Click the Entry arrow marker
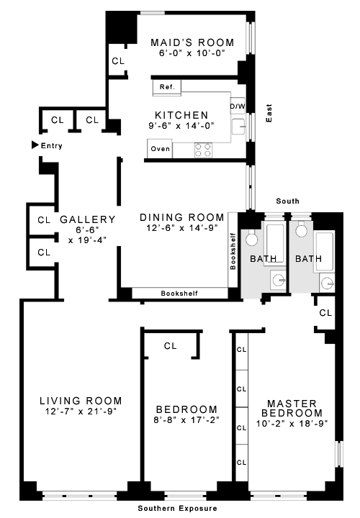pos(35,145)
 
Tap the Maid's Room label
pos(192,42)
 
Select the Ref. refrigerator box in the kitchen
pos(167,88)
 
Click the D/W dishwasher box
pos(238,106)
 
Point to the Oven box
pos(160,149)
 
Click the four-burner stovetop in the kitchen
pos(203,150)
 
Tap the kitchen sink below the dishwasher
pos(238,127)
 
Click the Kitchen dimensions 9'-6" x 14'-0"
pos(181,125)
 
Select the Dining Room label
pos(182,217)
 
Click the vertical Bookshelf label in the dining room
pos(233,251)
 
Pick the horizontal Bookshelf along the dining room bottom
pos(180,293)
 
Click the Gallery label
pos(88,219)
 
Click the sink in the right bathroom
pos(328,283)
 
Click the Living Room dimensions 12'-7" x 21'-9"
pos(81,412)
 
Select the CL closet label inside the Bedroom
pos(170,346)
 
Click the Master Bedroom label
pos(292,409)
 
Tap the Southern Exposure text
pos(178,508)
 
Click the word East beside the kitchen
pos(269,114)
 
